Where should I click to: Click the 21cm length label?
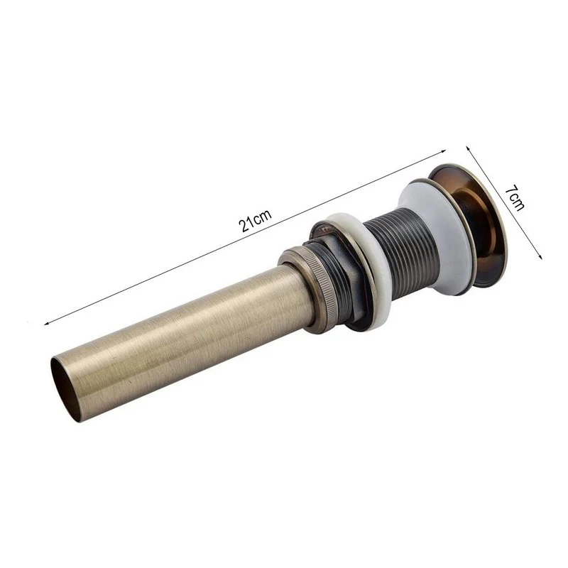[x=255, y=220]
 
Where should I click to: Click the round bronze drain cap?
[x=471, y=221]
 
